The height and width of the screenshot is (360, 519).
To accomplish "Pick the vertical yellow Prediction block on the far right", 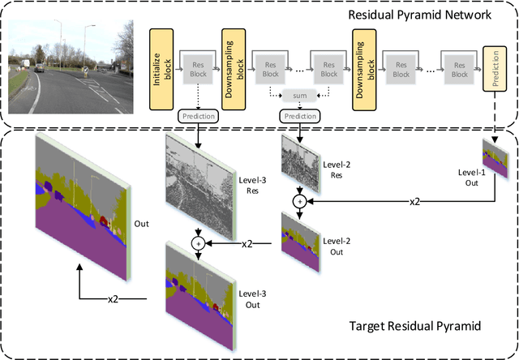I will [x=492, y=67].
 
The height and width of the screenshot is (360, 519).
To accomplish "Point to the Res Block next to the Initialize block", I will [x=195, y=68].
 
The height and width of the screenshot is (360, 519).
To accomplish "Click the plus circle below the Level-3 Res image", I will [x=195, y=242].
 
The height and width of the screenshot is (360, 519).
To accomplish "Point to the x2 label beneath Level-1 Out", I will [x=414, y=200].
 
